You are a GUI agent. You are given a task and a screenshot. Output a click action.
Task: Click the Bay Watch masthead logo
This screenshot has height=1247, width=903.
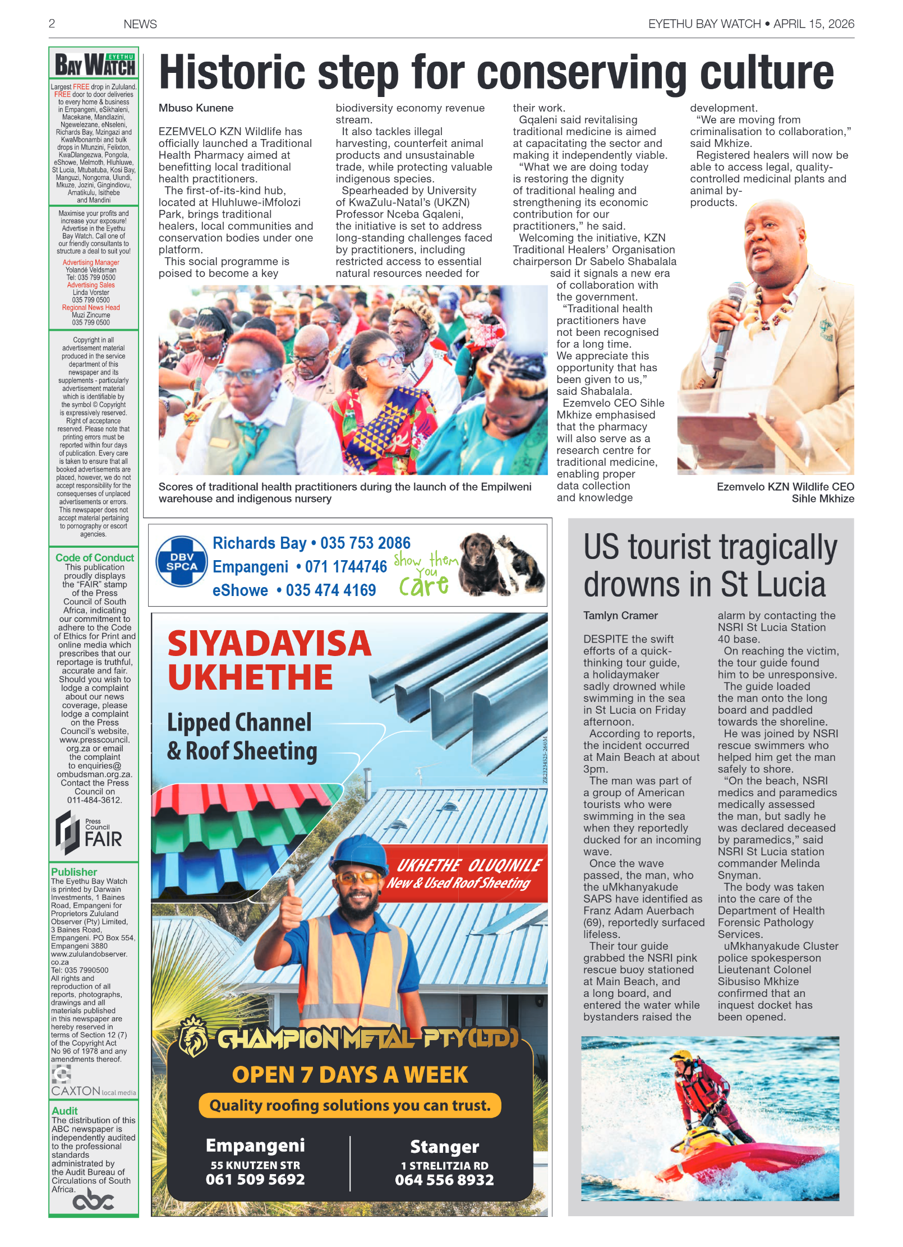click(94, 65)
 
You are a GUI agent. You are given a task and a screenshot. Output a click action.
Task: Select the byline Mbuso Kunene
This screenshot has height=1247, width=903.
click(196, 108)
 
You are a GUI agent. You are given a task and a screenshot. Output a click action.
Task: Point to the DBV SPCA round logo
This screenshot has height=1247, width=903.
click(181, 562)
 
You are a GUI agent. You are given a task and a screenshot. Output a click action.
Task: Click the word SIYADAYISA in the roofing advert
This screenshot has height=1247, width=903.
click(269, 644)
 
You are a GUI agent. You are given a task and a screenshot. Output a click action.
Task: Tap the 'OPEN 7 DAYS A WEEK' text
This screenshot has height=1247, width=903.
click(349, 1075)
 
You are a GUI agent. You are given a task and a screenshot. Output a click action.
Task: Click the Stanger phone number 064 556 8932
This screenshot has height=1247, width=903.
click(444, 1180)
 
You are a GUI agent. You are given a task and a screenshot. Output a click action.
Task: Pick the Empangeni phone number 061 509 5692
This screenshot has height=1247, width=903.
click(255, 1179)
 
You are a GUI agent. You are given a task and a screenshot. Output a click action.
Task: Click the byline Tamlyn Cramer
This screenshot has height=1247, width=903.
click(620, 616)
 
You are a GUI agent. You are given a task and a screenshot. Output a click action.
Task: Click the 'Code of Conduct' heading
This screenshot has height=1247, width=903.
click(94, 557)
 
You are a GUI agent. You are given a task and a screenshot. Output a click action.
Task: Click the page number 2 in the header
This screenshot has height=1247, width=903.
click(52, 24)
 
